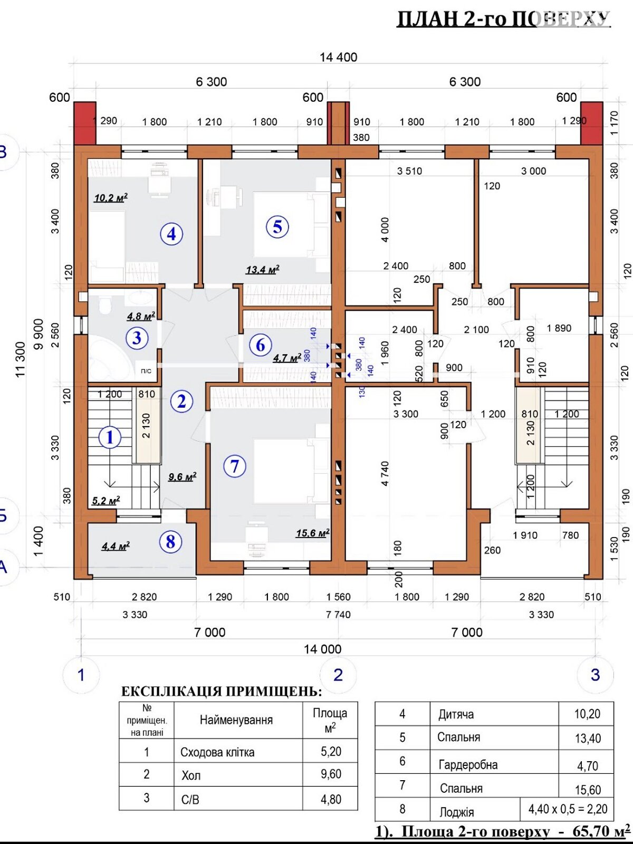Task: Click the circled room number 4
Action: [x=171, y=234]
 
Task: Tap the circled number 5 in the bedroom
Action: [x=277, y=227]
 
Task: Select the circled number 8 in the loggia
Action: [x=170, y=542]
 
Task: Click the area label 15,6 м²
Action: [x=312, y=533]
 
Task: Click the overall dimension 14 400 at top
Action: [x=338, y=57]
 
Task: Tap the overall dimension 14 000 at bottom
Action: [x=322, y=649]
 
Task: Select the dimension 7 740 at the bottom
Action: [x=338, y=615]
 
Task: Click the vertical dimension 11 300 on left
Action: [x=20, y=360]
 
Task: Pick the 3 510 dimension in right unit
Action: [x=409, y=171]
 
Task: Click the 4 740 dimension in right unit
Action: [x=385, y=474]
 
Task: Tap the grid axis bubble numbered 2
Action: [x=338, y=675]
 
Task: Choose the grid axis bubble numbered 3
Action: [x=595, y=675]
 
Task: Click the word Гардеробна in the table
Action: [x=468, y=764]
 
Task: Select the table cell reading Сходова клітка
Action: [x=217, y=752]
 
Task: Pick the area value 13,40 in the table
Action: [x=588, y=738]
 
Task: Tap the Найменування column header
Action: [x=236, y=720]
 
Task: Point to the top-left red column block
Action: [x=85, y=123]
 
